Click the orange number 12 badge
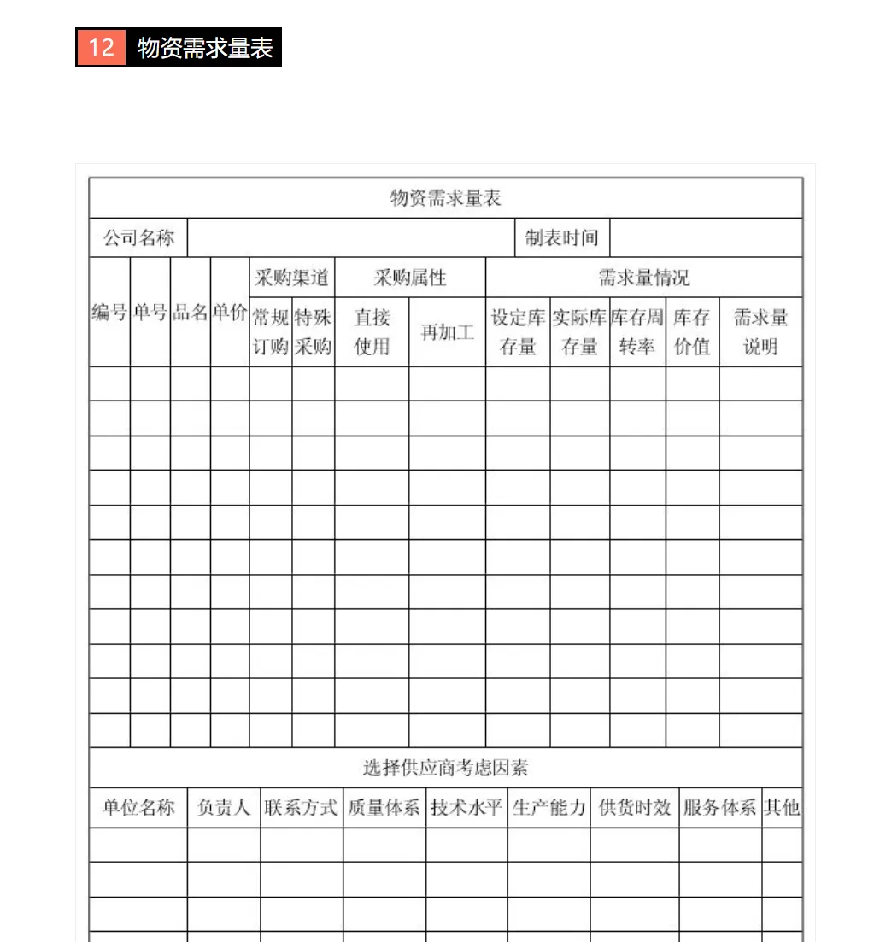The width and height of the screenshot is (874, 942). (x=101, y=47)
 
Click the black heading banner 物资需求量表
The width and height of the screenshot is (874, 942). (x=205, y=48)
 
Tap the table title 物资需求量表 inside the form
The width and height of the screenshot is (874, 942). (x=445, y=198)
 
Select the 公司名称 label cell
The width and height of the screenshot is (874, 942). (x=138, y=237)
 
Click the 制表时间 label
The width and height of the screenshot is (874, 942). (x=561, y=237)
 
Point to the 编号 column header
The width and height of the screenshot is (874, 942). (x=110, y=313)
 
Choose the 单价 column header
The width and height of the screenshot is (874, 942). (x=230, y=313)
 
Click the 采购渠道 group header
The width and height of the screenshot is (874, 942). (x=292, y=278)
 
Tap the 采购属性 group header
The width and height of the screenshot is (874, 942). (x=410, y=278)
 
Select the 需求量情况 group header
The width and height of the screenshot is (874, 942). (x=643, y=278)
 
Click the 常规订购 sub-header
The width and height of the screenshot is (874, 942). (x=271, y=332)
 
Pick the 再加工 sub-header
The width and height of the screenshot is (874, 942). (x=447, y=332)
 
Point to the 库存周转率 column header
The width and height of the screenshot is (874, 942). (x=637, y=332)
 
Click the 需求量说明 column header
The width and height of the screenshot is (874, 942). (x=760, y=332)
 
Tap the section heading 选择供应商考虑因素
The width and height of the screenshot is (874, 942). (x=445, y=768)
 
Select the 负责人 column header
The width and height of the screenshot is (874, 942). (x=224, y=808)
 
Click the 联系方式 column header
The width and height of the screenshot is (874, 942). (x=302, y=808)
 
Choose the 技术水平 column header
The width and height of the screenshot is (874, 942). (x=466, y=808)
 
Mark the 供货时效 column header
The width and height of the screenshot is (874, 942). (x=635, y=808)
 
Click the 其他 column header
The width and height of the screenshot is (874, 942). (x=782, y=808)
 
